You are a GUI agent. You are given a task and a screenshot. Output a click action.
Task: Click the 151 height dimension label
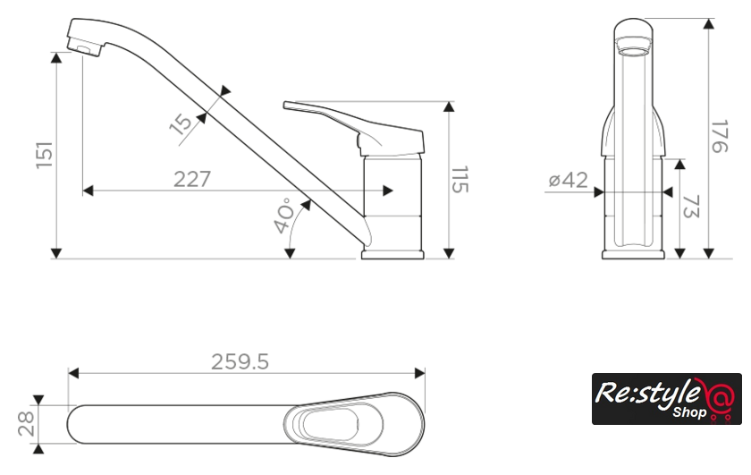click(x=45, y=155)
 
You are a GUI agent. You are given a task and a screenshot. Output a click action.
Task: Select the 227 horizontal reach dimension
click(x=191, y=180)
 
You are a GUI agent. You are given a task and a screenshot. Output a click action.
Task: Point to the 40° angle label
click(x=284, y=216)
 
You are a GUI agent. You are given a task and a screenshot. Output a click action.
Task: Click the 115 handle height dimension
click(x=460, y=180)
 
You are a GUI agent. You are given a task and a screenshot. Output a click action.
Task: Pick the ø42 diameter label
click(x=568, y=180)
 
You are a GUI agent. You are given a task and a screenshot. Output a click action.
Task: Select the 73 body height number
click(x=690, y=206)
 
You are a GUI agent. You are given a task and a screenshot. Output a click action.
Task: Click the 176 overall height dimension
click(x=720, y=137)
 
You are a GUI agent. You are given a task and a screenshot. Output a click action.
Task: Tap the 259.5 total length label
click(x=240, y=362)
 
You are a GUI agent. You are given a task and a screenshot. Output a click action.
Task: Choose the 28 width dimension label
click(x=26, y=424)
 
